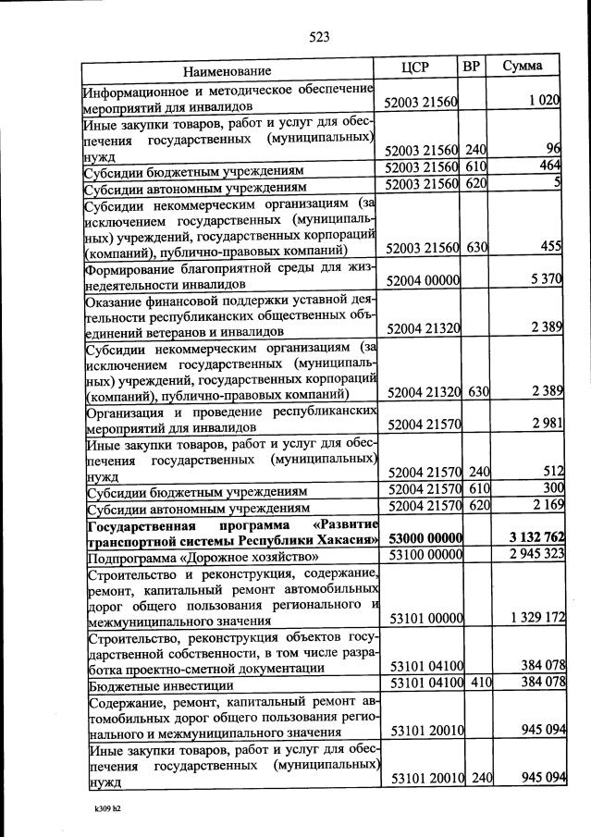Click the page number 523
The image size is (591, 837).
point(319,37)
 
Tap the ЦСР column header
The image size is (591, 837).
point(416,67)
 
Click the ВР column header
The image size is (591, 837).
point(471,67)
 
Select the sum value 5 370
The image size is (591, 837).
point(543,280)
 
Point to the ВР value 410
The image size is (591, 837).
point(476,683)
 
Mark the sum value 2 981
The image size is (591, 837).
point(547,424)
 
